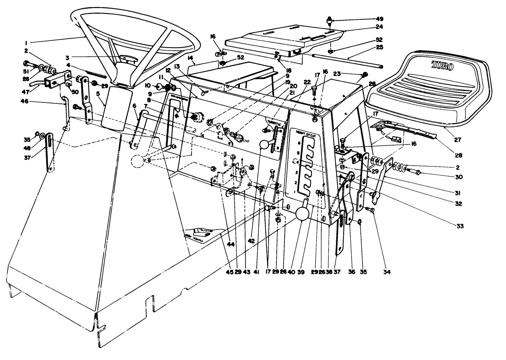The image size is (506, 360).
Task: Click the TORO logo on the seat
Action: [x=442, y=65]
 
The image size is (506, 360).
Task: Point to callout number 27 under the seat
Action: [x=458, y=140]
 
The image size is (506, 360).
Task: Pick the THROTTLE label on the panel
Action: [x=274, y=122]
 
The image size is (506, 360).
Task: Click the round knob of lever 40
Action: [x=303, y=214]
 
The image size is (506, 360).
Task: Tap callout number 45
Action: [x=229, y=272]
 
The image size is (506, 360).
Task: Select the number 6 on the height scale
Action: [x=300, y=143]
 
